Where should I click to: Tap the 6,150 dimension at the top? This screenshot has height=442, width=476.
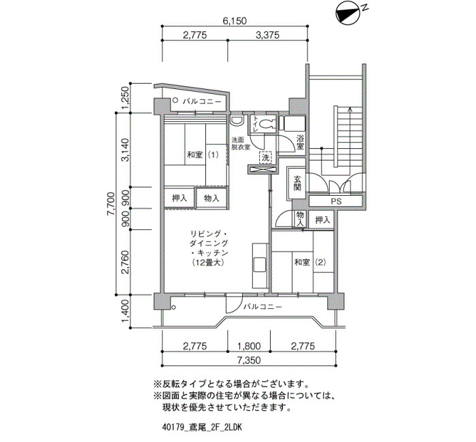[235, 20]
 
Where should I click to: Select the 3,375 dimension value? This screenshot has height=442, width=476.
[267, 35]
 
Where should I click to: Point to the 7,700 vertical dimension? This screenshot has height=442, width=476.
[111, 204]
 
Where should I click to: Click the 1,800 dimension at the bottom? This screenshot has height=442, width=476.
[249, 346]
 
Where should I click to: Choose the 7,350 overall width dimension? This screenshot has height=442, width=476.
[249, 360]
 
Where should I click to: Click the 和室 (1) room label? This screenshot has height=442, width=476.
[203, 155]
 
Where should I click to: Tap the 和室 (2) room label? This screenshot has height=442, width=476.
[310, 262]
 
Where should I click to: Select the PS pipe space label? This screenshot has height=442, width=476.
[336, 201]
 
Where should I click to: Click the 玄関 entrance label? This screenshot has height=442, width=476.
[297, 184]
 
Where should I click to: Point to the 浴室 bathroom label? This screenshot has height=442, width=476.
[301, 142]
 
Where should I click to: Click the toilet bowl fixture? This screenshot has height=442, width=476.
[268, 124]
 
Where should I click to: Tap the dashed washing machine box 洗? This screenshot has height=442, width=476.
[266, 158]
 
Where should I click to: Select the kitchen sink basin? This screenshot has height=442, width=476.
[260, 265]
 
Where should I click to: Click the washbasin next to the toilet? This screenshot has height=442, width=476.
[237, 121]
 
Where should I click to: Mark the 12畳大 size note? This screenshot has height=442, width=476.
[209, 262]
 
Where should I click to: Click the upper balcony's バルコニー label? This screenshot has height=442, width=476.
[202, 101]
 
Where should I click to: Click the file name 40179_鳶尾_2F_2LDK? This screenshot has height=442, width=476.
[202, 428]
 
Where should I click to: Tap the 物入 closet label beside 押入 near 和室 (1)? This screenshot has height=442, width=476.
[211, 199]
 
